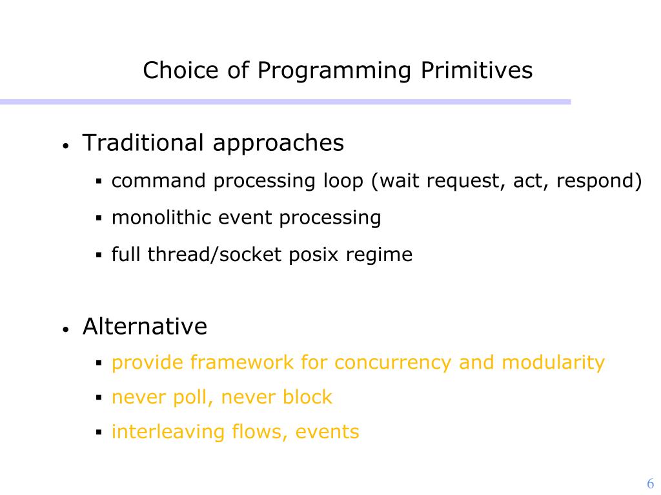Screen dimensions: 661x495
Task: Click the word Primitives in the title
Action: pyautogui.click(x=477, y=70)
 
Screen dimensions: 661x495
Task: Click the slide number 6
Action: pyautogui.click(x=651, y=483)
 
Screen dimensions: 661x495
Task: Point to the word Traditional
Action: pyautogui.click(x=143, y=142)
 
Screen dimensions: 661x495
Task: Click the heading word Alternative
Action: pyautogui.click(x=145, y=326)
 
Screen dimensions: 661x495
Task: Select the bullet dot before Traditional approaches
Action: pyautogui.click(x=65, y=146)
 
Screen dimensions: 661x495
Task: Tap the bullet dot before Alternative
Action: pyautogui.click(x=65, y=329)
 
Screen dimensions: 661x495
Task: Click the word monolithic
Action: pyautogui.click(x=161, y=218)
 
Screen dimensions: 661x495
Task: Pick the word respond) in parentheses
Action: pyautogui.click(x=599, y=181)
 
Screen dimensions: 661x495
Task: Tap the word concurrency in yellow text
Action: pyautogui.click(x=393, y=364)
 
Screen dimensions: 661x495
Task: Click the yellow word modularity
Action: pyautogui.click(x=553, y=363)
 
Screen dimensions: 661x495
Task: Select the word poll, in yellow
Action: pyautogui.click(x=192, y=398)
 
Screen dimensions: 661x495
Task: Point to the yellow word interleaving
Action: pyautogui.click(x=168, y=432)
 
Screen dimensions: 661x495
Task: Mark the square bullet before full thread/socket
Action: pyautogui.click(x=99, y=255)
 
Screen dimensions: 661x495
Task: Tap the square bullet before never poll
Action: pyautogui.click(x=99, y=397)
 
